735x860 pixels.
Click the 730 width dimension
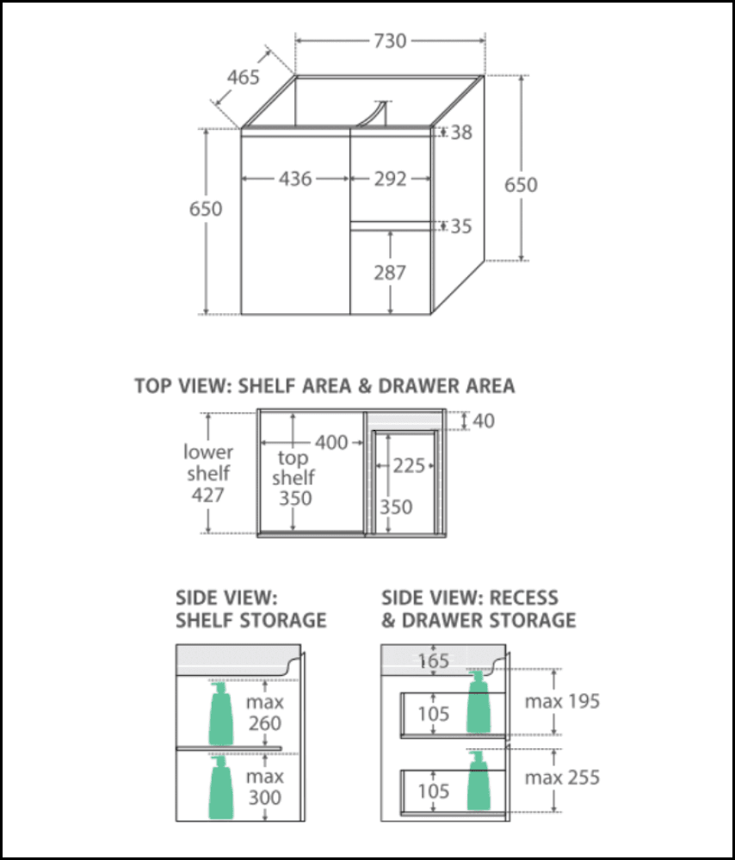point(389,40)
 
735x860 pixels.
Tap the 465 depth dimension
point(244,77)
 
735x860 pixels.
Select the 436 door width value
point(295,179)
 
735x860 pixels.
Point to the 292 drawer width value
point(390,179)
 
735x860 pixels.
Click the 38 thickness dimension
point(461,132)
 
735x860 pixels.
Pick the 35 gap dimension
point(461,226)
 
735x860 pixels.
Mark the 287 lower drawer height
point(390,273)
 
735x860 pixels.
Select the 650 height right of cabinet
point(521,185)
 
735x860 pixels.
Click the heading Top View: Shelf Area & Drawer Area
point(324,386)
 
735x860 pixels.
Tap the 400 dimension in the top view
point(331,442)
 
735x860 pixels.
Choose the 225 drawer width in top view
point(409,465)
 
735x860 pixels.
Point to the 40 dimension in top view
point(483,421)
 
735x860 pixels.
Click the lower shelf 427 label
point(207,473)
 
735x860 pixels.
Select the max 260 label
point(264,713)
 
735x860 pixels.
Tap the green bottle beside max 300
point(220,787)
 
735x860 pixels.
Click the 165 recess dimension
point(435,661)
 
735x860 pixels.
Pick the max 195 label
point(562,701)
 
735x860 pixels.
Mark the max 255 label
point(562,778)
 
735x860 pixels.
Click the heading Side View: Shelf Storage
point(250,608)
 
